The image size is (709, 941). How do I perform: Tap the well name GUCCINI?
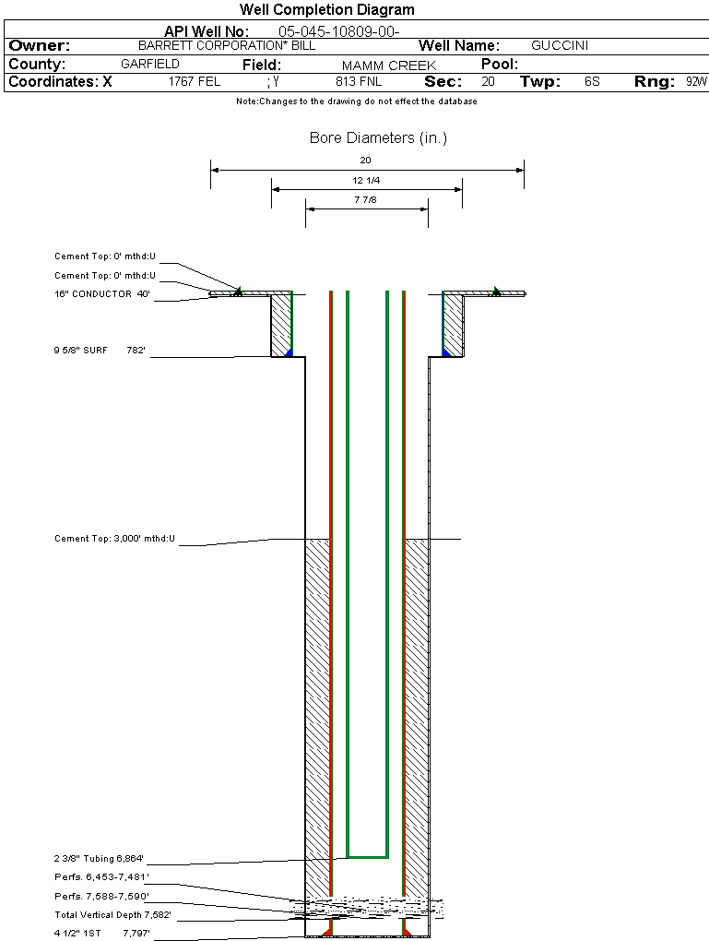[560, 45]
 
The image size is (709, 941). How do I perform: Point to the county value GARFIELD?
[150, 65]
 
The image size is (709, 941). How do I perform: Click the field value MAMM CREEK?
[389, 66]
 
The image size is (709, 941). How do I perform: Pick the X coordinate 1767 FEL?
[195, 82]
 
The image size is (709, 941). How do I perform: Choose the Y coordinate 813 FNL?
[359, 82]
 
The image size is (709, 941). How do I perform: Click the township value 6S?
[592, 82]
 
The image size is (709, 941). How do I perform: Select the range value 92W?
[696, 82]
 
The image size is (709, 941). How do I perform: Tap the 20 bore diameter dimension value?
[366, 160]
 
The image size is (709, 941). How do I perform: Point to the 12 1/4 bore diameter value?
[366, 180]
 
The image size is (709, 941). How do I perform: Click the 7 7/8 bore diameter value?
[366, 199]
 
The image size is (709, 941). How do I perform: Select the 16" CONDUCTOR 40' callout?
[102, 294]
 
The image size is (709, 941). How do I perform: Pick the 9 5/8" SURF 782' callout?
[102, 351]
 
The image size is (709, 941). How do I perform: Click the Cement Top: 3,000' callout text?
[114, 538]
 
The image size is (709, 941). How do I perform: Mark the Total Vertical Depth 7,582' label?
[112, 915]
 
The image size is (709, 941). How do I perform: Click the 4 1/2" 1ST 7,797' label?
[101, 934]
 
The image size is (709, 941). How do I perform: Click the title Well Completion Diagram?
[327, 10]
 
